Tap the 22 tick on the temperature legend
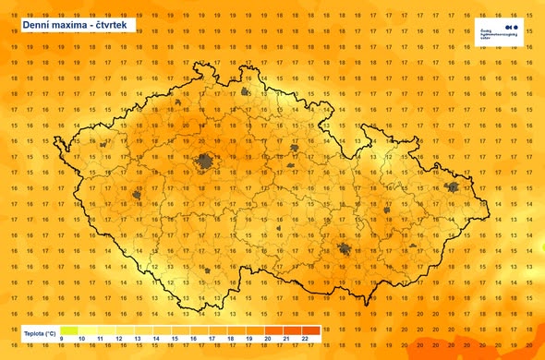pos(304,340)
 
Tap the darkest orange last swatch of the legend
pos(311,330)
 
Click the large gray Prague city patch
pos(204,162)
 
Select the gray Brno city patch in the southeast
pos(345,249)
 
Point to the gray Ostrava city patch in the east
pos(453,187)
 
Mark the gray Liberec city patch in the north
pos(246,92)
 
